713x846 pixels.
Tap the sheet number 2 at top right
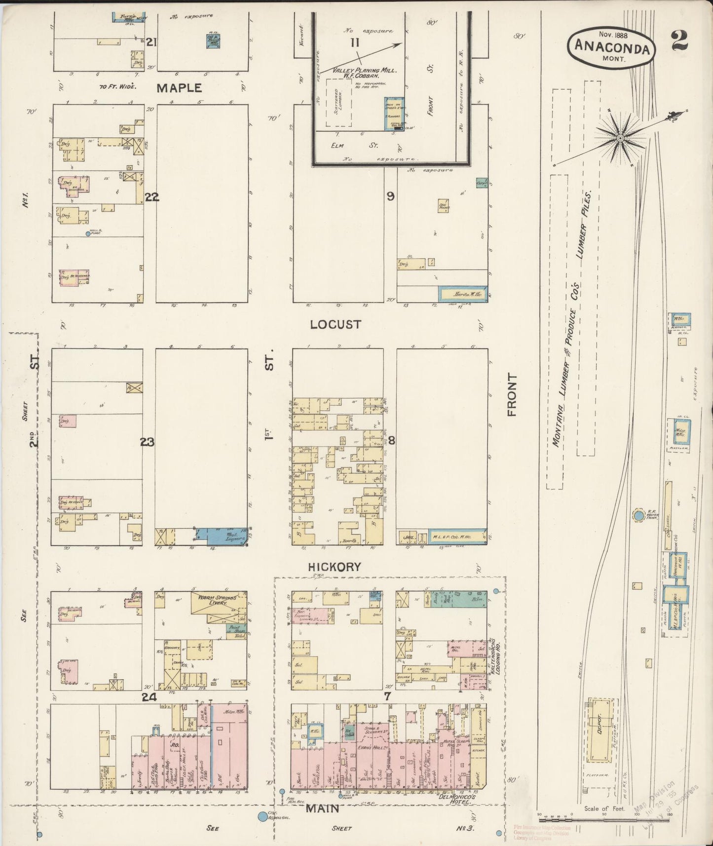(680, 41)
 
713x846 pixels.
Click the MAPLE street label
(179, 88)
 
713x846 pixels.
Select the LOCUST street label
(336, 324)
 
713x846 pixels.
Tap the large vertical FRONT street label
(512, 395)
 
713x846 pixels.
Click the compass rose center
(620, 137)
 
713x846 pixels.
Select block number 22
(152, 197)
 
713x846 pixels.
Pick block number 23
(147, 442)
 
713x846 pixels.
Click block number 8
(391, 441)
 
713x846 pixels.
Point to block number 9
(390, 196)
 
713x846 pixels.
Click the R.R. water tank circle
(638, 515)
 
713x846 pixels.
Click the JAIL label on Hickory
(408, 537)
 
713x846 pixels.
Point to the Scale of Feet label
(604, 808)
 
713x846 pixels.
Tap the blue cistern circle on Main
(263, 817)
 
